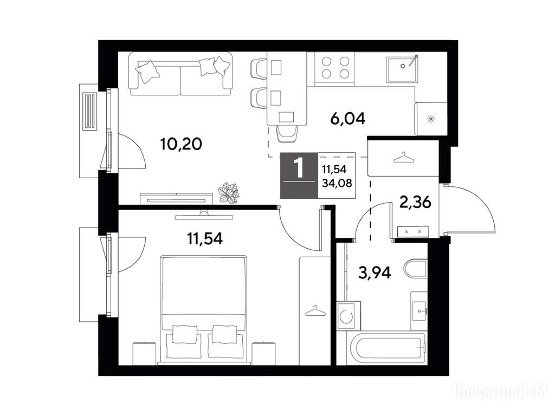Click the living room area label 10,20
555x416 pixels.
181,144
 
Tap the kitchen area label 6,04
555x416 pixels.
347,119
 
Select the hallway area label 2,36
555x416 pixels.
415,203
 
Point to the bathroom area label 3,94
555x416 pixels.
375,272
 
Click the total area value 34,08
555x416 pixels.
337,183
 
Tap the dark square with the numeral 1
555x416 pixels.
299,175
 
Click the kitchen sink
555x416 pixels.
402,69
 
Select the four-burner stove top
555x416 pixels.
335,68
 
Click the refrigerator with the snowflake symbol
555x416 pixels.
431,119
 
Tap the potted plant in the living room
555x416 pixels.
228,193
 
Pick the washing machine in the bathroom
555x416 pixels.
349,316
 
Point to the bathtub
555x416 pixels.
388,348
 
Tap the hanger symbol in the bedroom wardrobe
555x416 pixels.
315,311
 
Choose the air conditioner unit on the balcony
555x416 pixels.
89,112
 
